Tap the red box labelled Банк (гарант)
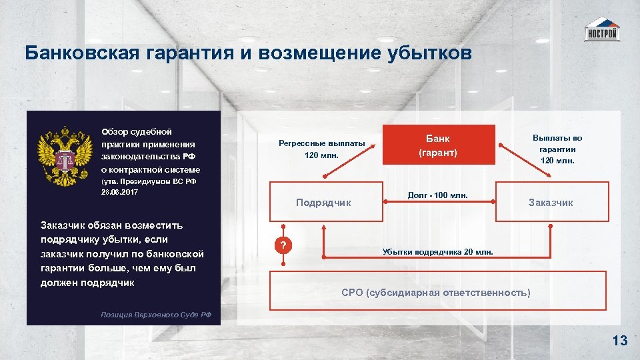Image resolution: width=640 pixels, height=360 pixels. tap(439, 145)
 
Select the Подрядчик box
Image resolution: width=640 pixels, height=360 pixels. tap(323, 202)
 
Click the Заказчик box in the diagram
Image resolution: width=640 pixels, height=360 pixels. tap(551, 202)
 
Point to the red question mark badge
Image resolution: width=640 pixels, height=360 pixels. tap(283, 246)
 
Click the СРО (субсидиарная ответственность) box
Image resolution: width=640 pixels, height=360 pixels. tap(436, 292)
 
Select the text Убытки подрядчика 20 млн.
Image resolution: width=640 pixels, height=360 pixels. tap(438, 251)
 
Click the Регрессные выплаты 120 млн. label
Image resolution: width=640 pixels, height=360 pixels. tap(322, 149)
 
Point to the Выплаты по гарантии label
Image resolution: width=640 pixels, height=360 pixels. tap(557, 149)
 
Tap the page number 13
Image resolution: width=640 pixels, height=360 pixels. tap(619, 341)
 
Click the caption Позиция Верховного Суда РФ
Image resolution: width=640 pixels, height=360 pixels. tap(156, 314)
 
